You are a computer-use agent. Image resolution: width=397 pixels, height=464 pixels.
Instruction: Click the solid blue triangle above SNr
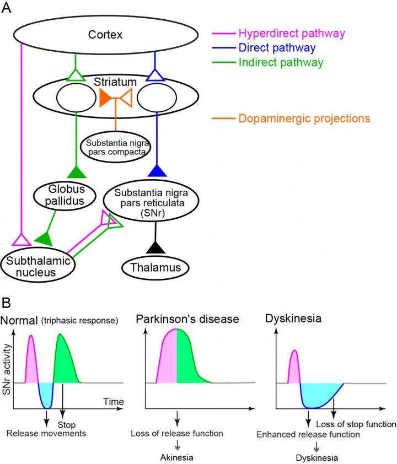[158, 170]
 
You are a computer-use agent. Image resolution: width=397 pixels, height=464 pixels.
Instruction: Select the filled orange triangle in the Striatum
[105, 99]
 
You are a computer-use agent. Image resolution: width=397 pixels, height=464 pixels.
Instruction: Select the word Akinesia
[176, 457]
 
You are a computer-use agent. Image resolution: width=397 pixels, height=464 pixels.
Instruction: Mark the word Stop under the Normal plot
[66, 425]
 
